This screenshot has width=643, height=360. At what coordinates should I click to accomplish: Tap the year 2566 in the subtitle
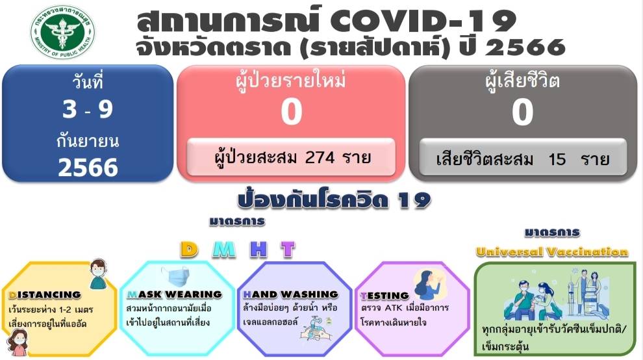coord(525,47)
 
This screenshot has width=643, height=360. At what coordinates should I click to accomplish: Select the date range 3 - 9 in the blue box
coord(88,109)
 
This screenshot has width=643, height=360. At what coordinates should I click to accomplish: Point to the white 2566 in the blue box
coord(88,168)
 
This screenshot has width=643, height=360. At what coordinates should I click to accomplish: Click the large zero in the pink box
coord(292,112)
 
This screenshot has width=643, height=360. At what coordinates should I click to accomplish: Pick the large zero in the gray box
coord(522,112)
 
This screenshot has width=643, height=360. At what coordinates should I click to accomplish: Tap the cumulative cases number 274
coord(320,157)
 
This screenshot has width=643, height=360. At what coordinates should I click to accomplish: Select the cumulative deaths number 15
coord(557,159)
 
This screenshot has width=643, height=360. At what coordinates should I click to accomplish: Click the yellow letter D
coord(189,249)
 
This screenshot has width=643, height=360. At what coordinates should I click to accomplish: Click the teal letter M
coord(224,249)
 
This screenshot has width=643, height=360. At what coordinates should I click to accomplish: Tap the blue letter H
coord(258,249)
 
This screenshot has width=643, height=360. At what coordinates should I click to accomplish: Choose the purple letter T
coord(288,249)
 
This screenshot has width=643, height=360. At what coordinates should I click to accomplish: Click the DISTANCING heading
coord(45,295)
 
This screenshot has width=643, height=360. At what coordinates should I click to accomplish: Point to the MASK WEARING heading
coord(174,294)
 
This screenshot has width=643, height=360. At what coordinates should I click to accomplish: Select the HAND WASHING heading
coord(291,294)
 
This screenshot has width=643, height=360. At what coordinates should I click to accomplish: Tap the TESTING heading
coord(385,296)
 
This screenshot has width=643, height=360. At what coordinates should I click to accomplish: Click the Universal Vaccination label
coord(552,251)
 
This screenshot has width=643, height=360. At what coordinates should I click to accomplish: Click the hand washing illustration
coord(316,328)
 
